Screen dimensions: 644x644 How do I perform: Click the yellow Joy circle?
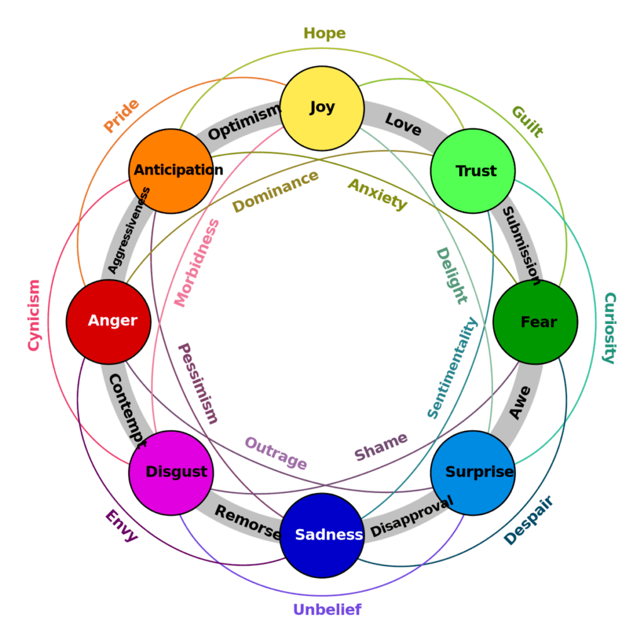click(x=322, y=108)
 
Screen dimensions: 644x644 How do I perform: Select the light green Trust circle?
click(x=473, y=171)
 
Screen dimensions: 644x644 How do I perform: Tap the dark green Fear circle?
click(x=535, y=322)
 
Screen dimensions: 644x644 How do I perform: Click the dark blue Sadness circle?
click(x=322, y=535)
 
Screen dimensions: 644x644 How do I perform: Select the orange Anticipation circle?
click(x=171, y=171)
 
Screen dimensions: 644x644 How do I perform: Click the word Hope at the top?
click(x=325, y=33)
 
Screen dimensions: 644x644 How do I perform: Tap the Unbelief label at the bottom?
click(x=327, y=609)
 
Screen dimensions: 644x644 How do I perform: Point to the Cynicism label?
click(x=33, y=315)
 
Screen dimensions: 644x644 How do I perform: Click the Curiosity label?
click(x=609, y=328)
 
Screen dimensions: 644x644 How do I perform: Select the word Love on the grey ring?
click(x=402, y=124)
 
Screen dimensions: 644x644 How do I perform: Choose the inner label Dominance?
click(x=275, y=191)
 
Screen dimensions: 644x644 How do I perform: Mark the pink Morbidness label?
click(x=197, y=263)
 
